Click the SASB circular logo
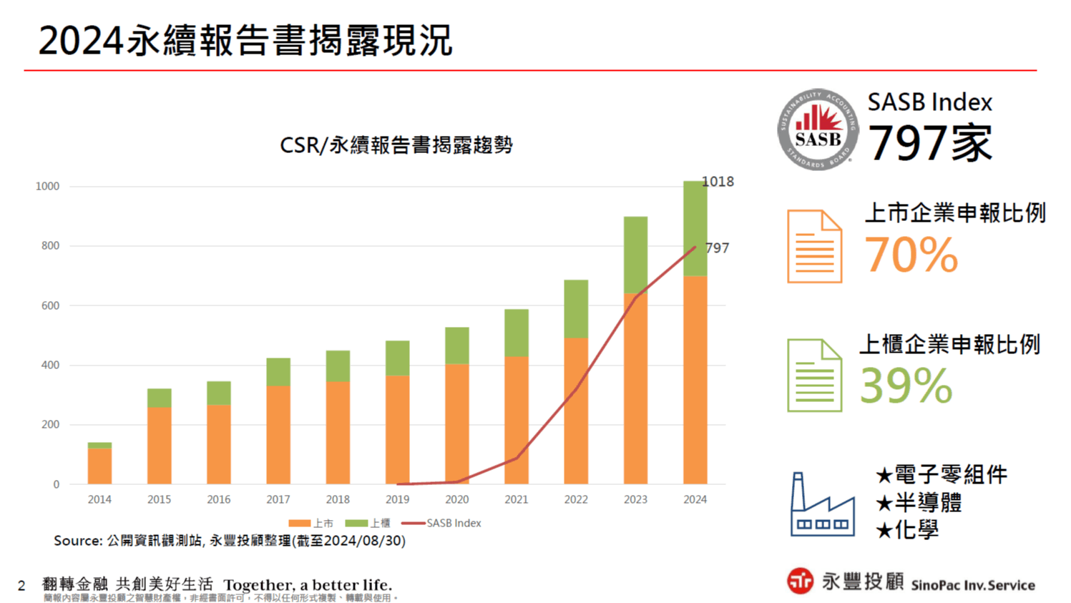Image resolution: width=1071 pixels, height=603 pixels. pos(818,130)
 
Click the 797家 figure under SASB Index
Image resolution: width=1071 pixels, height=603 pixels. pos(929,143)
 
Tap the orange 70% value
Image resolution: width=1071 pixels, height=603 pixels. pos(911,255)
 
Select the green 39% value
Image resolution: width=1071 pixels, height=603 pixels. pos(906,386)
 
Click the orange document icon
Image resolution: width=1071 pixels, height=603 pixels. pos(814,247)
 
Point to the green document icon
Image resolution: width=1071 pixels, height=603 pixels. pos(814,376)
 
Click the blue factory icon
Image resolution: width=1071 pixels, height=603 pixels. pos(822,504)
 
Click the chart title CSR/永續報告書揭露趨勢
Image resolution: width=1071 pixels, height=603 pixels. pos(396,145)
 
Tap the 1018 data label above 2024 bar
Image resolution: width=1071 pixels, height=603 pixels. pos(718,182)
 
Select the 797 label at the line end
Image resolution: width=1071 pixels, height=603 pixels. pos(717,248)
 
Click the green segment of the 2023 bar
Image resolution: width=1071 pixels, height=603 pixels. pos(635,255)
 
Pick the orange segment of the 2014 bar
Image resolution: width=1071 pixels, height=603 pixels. pos(99,466)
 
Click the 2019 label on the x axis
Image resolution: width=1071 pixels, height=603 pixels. pos(397,499)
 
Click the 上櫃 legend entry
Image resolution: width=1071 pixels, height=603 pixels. pos(368,523)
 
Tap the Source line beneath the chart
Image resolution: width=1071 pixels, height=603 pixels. pos(229,541)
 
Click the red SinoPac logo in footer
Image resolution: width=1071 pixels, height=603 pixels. pos(800,581)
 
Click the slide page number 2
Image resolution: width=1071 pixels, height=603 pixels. pos(21,586)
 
